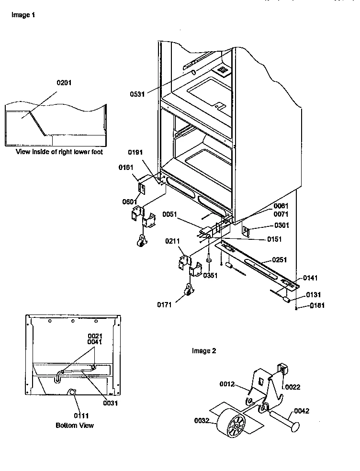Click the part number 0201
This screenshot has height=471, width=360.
tap(64, 83)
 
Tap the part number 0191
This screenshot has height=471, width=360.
tap(135, 152)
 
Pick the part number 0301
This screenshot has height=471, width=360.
tap(282, 225)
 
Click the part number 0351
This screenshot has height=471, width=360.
tap(211, 276)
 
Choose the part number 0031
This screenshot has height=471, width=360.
tap(110, 403)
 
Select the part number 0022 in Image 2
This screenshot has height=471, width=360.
tap(292, 387)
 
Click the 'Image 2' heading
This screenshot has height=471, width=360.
tap(204, 351)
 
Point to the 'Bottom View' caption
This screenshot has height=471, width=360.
tap(75, 426)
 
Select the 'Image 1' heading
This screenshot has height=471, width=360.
tap(22, 15)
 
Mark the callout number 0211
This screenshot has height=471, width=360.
tap(173, 241)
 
